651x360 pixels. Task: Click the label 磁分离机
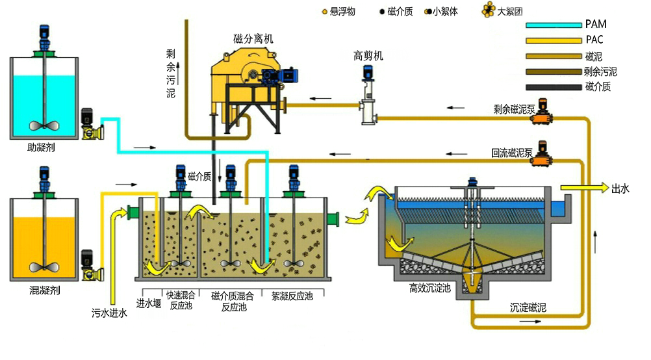pos(253,39)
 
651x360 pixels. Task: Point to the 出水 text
pos(620,188)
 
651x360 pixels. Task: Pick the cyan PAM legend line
pos(553,25)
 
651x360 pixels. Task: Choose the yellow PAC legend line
pos(553,41)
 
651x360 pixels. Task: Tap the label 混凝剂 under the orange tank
pos(45,290)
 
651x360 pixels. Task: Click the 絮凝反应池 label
pos(291,296)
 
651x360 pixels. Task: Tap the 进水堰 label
pos(148,303)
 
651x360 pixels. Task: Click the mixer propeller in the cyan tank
pos(44,126)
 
